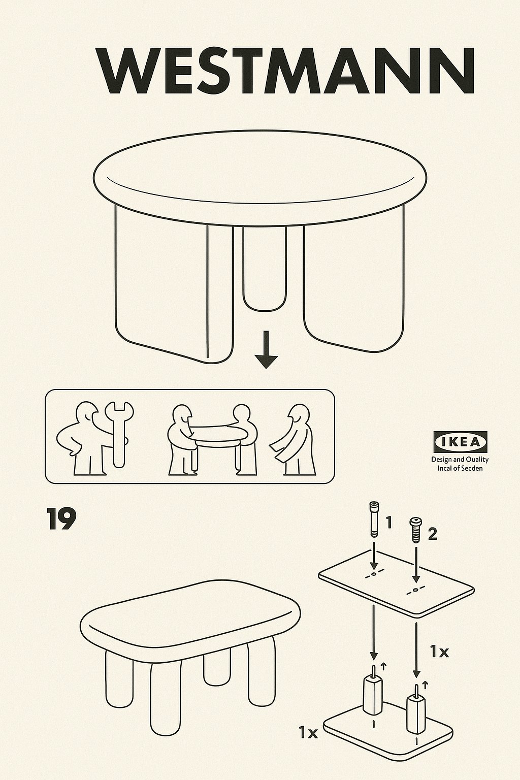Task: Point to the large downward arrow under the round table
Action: (x=266, y=349)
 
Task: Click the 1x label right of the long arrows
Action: (x=440, y=651)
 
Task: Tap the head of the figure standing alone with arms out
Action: (x=300, y=415)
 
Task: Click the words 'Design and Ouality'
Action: (x=460, y=459)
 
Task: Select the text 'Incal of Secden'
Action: (x=460, y=468)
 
